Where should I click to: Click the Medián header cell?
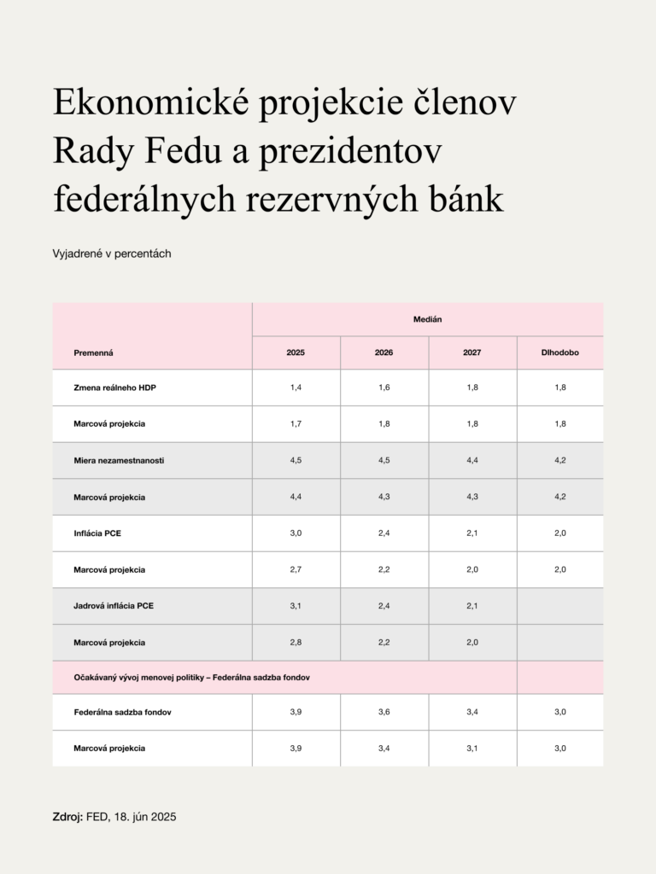click(x=427, y=319)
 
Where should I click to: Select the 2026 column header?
click(x=384, y=352)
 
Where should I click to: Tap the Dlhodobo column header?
click(x=559, y=352)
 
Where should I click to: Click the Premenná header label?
click(x=94, y=352)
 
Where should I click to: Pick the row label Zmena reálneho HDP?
click(x=115, y=387)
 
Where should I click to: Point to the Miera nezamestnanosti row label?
click(x=120, y=460)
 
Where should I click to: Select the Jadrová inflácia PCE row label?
click(x=114, y=605)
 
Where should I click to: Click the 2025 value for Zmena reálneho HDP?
click(x=296, y=387)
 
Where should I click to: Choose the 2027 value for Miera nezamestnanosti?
click(x=471, y=460)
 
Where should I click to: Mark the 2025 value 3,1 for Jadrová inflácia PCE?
click(x=296, y=605)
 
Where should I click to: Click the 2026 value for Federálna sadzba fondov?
click(x=384, y=712)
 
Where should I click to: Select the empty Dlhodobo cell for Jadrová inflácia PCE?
click(x=559, y=605)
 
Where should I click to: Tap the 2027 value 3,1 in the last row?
click(x=471, y=748)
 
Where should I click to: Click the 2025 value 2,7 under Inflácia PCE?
click(x=296, y=568)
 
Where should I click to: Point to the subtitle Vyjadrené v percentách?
click(x=112, y=253)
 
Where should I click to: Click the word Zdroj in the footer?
click(x=67, y=817)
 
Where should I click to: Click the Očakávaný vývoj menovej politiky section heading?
click(x=190, y=677)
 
